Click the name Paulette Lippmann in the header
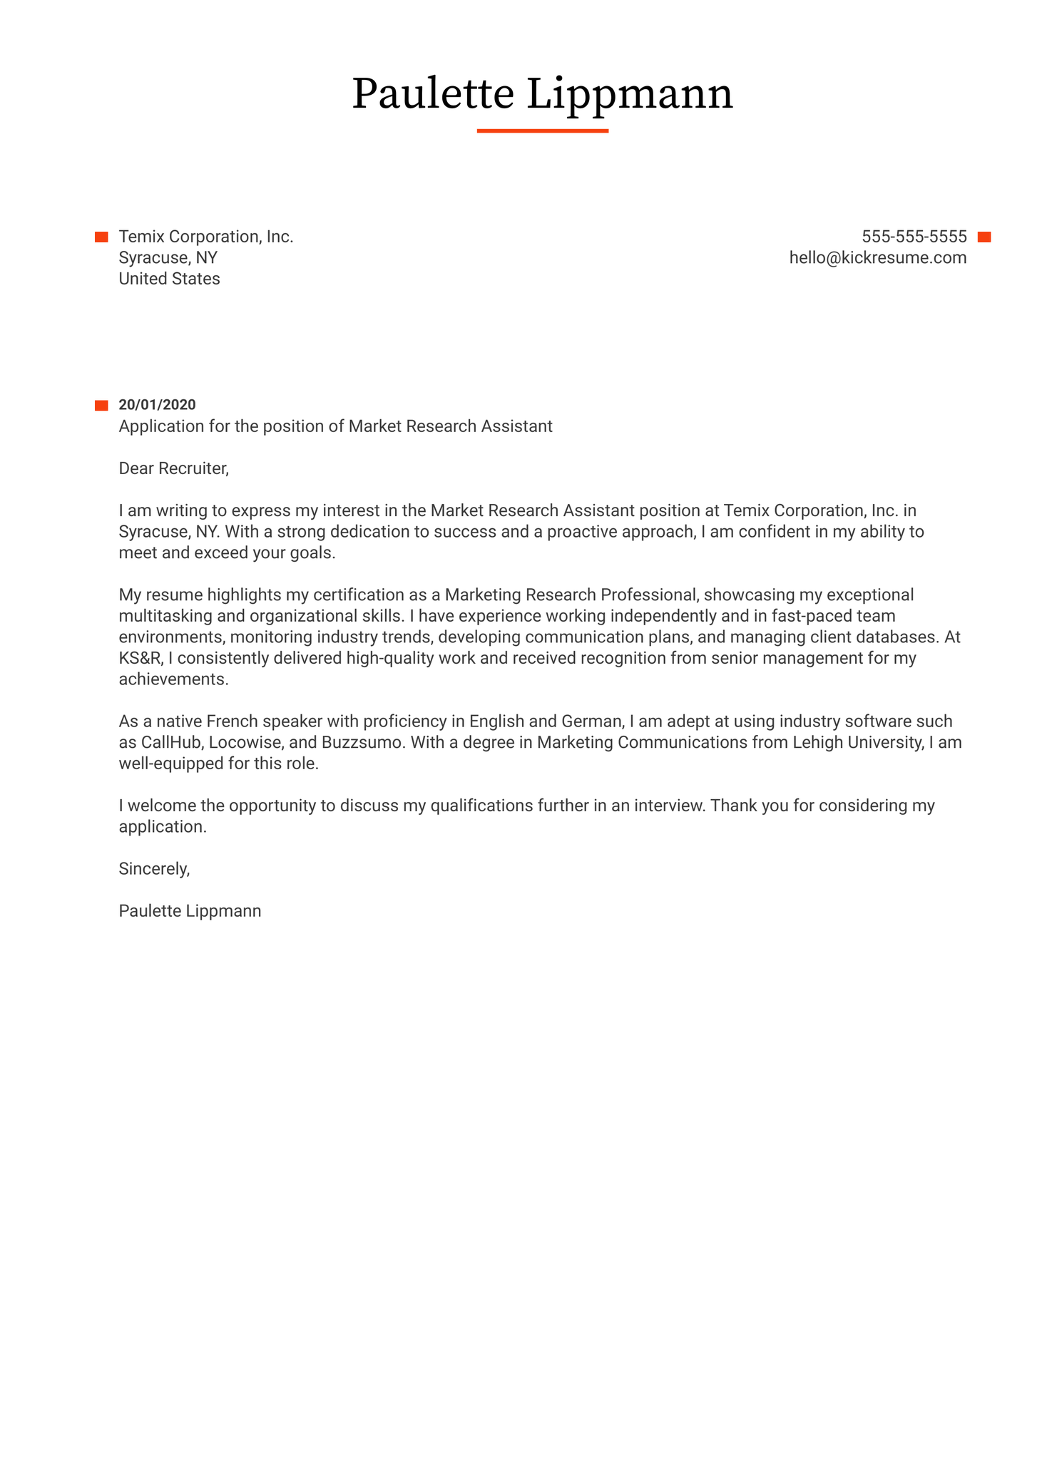point(542,94)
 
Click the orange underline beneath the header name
point(542,131)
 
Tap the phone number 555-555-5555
point(914,237)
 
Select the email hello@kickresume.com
point(877,258)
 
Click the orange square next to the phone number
point(984,237)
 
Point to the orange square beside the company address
point(101,237)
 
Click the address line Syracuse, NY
point(168,258)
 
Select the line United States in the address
point(169,279)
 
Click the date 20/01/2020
point(157,405)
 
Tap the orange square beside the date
point(101,406)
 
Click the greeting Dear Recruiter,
point(173,468)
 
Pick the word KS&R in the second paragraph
point(140,658)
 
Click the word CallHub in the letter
point(170,742)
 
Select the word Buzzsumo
point(361,742)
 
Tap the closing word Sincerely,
point(154,869)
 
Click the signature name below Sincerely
point(190,911)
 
